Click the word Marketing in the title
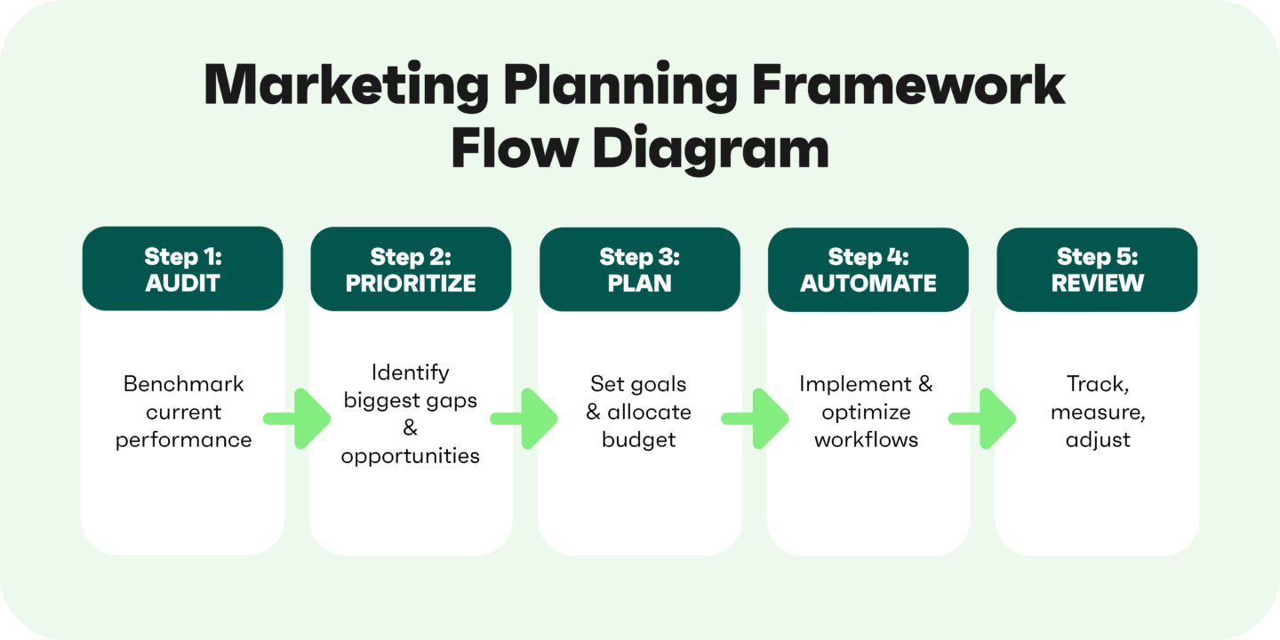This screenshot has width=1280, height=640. pos(344,86)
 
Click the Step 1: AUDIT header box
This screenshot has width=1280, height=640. pos(182,269)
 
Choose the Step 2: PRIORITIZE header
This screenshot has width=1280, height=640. pos(411,269)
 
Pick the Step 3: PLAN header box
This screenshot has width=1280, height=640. pos(639,269)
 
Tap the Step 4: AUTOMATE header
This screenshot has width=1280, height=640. pos(868,269)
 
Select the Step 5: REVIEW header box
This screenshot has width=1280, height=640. pos(1097,269)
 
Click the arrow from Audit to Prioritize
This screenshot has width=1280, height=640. pos(299,417)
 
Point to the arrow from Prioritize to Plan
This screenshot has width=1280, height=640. pos(525,417)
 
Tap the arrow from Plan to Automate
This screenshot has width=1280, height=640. pos(756,417)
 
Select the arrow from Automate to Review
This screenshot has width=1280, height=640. pos(983,417)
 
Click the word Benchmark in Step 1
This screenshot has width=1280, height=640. pos(183,384)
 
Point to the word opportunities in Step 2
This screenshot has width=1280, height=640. pos(410,456)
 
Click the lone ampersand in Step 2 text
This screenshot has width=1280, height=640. pos(410,428)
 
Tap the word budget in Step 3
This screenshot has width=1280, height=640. pos(639,439)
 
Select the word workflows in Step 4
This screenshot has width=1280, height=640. pos(867,439)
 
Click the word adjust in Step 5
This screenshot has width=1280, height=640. pos(1098,440)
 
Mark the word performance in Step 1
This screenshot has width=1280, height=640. pos(183,440)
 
